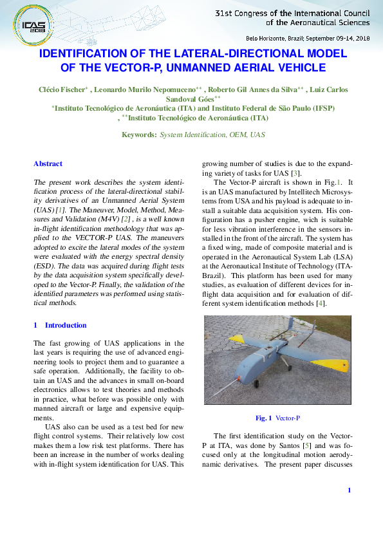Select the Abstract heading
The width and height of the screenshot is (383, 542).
point(48,164)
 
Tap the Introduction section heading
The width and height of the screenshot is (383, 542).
point(66,325)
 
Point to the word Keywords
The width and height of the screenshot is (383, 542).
point(139,135)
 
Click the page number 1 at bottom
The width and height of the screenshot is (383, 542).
point(348,491)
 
